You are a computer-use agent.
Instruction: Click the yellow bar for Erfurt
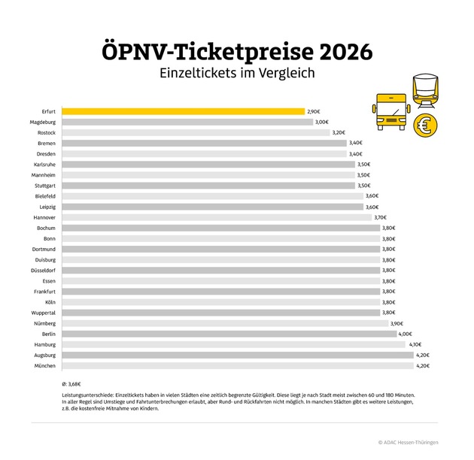183,110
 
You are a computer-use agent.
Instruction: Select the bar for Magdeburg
187,122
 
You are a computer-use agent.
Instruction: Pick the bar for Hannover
217,217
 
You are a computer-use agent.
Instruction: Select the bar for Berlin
229,334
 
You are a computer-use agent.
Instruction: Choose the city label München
44,365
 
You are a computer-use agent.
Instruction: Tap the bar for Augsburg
237,355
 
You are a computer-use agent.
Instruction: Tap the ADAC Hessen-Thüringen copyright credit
418,443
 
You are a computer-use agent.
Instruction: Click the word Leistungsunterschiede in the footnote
90,395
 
